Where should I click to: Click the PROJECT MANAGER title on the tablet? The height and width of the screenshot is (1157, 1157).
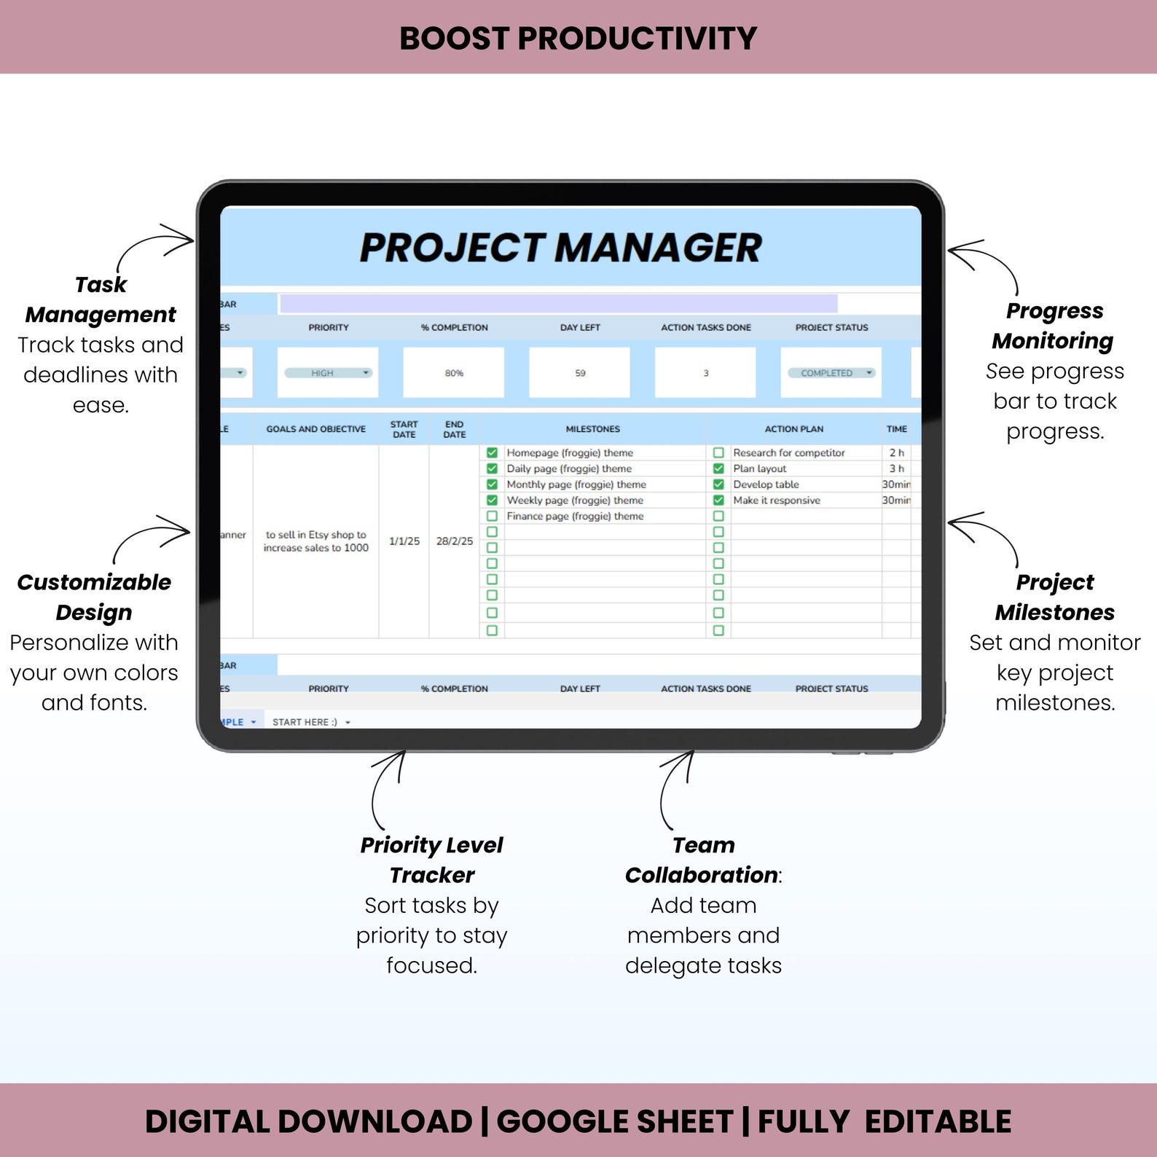pos(560,248)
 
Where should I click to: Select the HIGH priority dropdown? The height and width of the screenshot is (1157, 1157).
pos(328,373)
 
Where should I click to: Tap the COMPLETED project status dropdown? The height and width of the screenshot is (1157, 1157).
pos(831,373)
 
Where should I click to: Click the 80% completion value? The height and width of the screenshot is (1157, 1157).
pos(454,373)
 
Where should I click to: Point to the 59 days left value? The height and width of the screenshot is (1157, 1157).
pos(580,373)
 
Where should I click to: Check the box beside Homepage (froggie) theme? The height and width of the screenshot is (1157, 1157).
pos(492,452)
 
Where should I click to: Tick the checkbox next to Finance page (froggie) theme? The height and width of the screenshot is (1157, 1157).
pos(492,516)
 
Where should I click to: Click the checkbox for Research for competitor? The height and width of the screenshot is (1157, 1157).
pos(718,452)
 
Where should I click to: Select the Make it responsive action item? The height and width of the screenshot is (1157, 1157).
pos(777,501)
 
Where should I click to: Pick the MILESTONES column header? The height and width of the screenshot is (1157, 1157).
pos(593,429)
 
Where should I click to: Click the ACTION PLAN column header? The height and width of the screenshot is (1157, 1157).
pos(793,429)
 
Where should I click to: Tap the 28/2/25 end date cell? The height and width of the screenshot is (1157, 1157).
pos(455,541)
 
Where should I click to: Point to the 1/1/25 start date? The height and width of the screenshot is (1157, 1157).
pos(404,541)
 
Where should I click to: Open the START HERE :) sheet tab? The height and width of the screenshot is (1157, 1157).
pos(305,722)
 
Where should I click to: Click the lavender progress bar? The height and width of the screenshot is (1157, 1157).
pos(558,304)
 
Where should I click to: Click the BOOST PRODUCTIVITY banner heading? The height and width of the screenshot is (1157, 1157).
pos(578,38)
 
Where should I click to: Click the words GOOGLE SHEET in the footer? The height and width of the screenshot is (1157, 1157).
pos(614,1121)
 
